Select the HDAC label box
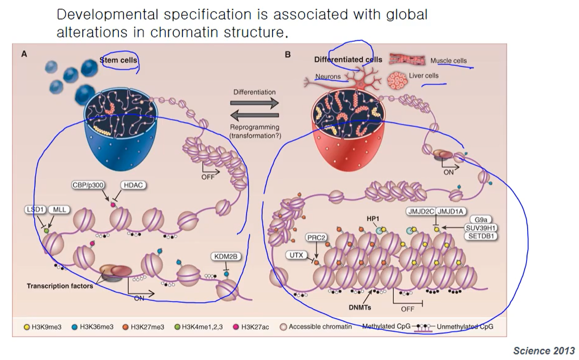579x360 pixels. coord(134,186)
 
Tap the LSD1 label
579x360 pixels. coord(35,210)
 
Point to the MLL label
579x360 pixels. coord(58,210)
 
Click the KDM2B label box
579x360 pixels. coord(226,257)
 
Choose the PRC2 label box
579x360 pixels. coord(316,238)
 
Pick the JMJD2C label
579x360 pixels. coord(420,211)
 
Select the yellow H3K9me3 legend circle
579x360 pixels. coord(27,326)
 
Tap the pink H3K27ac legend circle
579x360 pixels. coord(236,326)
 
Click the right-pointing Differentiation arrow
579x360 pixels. coord(254,103)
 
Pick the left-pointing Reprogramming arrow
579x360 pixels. coord(254,116)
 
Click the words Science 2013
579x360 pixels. coord(544,351)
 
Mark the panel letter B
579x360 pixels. coord(288,55)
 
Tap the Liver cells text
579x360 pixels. coord(424,75)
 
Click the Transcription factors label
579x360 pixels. coord(60,286)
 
